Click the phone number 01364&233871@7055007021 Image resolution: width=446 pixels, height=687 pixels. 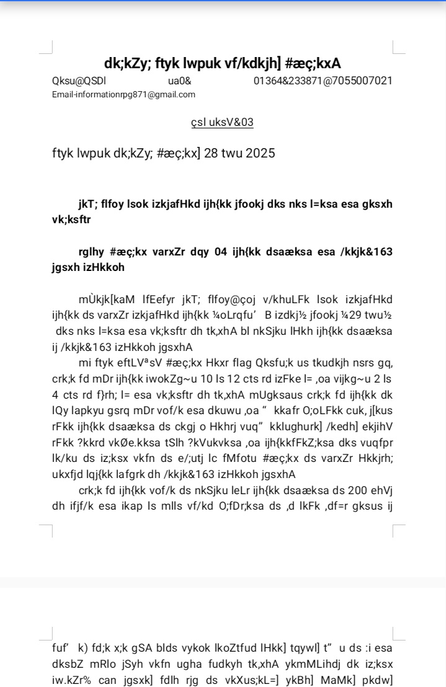click(x=323, y=81)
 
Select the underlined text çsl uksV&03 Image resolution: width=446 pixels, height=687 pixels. click(x=223, y=122)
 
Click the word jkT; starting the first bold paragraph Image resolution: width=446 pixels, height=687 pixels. click(x=84, y=203)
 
